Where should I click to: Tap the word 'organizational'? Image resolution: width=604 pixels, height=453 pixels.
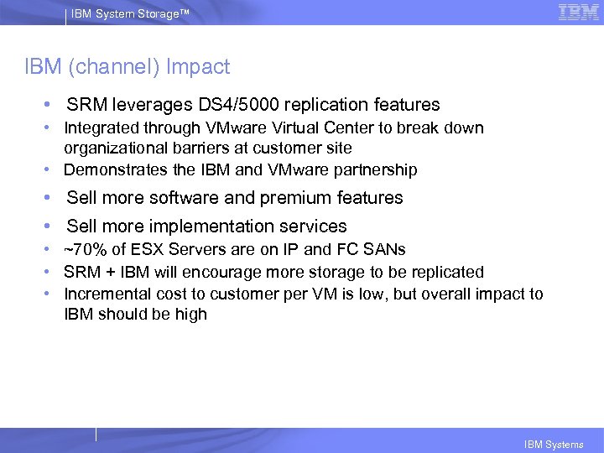(114, 148)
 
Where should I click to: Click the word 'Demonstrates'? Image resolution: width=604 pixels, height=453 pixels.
(114, 169)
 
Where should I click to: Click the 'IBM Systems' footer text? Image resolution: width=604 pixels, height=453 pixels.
(553, 445)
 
